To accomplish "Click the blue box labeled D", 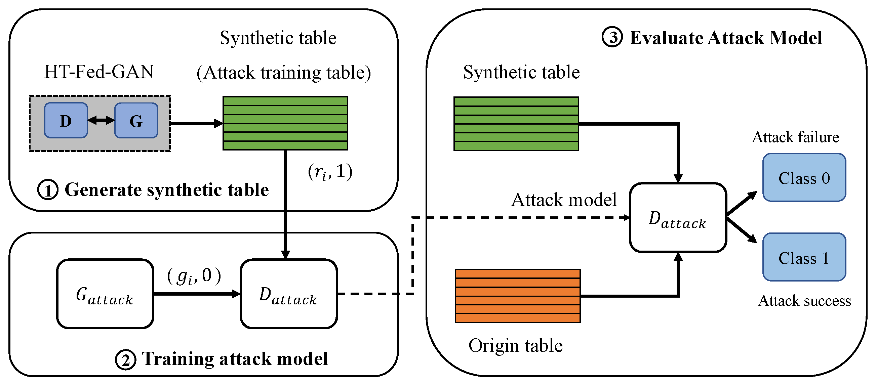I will pos(66,120).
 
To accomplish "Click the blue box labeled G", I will pos(136,120).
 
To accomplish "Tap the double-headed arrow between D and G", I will pos(101,120).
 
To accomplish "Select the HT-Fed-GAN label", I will pos(99,72).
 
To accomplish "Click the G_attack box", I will pos(105,294).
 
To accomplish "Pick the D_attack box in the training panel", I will pos(288,294).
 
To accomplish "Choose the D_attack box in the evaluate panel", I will pos(678,218).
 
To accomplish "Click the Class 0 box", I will pos(804,178).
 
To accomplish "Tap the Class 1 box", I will pos(804,258).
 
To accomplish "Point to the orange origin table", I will pos(518,296).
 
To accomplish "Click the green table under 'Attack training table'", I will pos(285,123).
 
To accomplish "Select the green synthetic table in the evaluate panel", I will pos(516,124).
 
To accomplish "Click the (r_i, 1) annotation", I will pos(330,172).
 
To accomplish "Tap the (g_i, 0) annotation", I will pos(194,276).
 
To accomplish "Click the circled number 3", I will pos(612,37).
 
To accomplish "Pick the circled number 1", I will pos(48,190).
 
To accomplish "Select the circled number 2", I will pos(125,359).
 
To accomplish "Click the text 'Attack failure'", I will pos(795,137).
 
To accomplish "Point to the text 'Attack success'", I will pos(804,301).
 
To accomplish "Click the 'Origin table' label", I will pos(516,346).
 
